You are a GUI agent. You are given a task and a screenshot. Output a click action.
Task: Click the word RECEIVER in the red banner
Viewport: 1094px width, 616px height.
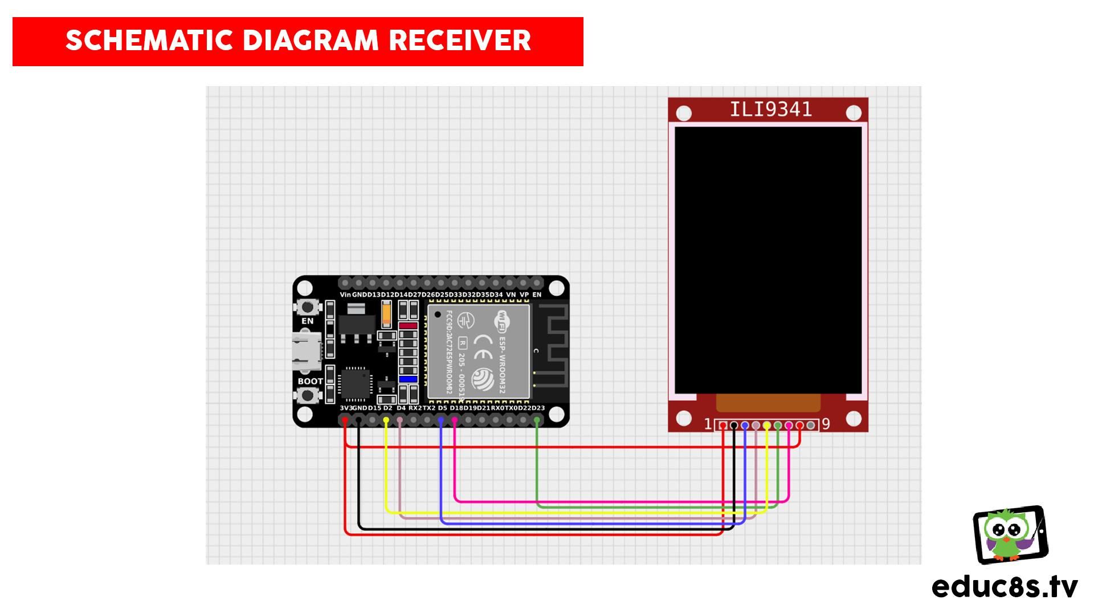coord(460,40)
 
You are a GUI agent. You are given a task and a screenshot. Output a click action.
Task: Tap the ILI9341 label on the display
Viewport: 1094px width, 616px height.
coord(770,109)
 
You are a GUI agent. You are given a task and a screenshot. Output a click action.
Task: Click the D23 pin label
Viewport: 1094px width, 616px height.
coord(538,408)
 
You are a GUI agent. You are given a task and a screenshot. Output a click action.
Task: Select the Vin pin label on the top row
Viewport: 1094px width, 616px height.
coord(345,295)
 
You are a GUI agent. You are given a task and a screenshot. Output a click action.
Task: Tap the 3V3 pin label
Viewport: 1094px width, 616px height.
coord(345,408)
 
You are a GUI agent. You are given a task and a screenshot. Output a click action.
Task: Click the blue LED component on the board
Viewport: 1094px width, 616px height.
coord(408,379)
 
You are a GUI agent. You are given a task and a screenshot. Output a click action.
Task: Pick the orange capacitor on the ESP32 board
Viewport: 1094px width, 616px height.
coord(386,313)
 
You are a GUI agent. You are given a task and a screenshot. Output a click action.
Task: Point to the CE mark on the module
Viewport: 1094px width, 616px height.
coord(483,347)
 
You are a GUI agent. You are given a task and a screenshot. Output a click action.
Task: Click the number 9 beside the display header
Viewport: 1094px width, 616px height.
coord(826,424)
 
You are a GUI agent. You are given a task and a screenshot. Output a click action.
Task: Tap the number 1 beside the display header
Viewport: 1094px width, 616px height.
coord(708,424)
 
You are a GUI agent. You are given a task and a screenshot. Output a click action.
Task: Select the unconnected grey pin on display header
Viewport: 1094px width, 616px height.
coord(810,425)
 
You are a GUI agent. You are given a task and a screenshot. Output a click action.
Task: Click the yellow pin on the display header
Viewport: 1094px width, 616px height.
coord(767,425)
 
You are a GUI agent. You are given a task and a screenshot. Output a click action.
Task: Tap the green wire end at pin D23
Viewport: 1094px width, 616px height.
coord(537,421)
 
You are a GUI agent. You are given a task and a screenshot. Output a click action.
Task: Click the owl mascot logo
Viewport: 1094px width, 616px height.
coord(1009,534)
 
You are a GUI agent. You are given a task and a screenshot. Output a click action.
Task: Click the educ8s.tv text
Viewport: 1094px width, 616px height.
coord(1005,586)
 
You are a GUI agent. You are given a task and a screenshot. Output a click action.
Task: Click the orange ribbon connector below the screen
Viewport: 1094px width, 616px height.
coord(768,403)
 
